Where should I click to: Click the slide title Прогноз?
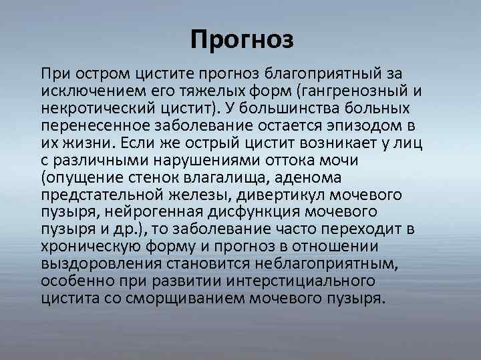[x=241, y=41]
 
